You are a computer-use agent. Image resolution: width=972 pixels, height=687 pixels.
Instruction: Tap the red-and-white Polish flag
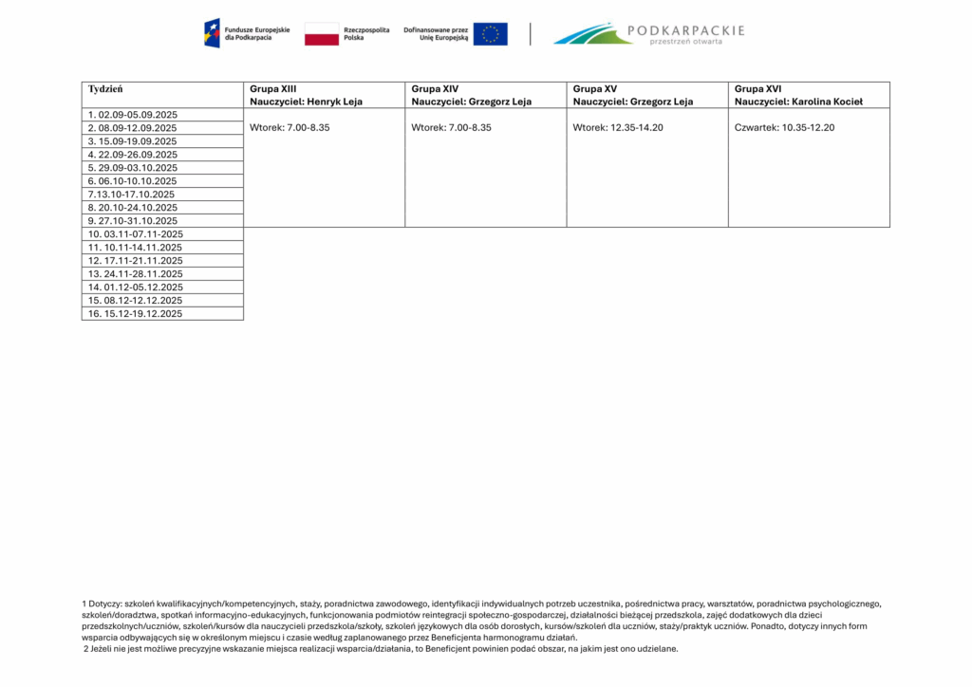point(321,34)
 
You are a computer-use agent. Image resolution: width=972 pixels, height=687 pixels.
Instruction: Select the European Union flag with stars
point(490,34)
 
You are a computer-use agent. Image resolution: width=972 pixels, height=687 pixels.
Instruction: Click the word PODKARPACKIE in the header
point(687,30)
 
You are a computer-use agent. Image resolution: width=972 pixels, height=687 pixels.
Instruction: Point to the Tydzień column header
point(105,89)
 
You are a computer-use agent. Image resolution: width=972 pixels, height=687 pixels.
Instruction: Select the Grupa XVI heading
point(757,89)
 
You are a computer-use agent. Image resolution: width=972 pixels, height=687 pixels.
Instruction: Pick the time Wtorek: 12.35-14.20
point(618,127)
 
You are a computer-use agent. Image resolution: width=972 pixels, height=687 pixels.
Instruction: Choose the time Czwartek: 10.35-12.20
point(785,127)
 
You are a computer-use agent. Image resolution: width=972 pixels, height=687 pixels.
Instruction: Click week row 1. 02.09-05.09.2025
point(133,115)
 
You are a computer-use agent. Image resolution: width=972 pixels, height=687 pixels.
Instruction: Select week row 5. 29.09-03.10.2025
point(133,168)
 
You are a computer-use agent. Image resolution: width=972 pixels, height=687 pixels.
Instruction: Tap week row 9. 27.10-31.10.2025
point(133,221)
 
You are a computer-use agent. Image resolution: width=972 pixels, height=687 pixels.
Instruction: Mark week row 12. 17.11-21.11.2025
point(135,261)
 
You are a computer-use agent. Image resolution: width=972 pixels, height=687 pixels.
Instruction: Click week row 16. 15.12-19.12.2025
point(135,314)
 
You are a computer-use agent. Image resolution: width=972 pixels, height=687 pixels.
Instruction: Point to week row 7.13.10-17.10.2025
point(131,195)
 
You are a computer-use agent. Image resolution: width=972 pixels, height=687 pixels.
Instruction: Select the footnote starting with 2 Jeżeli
point(381,649)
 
